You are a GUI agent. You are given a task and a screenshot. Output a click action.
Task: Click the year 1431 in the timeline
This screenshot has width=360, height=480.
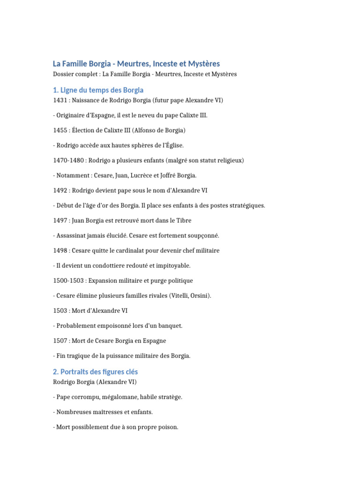click(x=60, y=100)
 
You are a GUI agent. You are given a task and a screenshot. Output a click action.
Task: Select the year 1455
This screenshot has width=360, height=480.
click(x=60, y=130)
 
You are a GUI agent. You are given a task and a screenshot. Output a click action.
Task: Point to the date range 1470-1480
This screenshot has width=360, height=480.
click(x=69, y=160)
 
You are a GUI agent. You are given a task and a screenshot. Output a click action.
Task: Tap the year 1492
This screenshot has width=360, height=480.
click(x=60, y=190)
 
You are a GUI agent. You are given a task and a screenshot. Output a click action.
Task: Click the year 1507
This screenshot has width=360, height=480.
click(x=60, y=341)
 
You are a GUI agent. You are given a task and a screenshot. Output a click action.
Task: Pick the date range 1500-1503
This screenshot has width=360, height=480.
click(x=69, y=281)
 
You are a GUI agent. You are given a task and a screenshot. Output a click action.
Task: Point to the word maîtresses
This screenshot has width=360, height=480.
click(x=103, y=412)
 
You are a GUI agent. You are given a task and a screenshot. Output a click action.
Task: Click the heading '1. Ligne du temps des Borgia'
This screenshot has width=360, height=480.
click(x=98, y=90)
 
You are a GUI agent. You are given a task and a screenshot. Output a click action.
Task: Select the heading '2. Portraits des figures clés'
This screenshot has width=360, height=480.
click(x=96, y=372)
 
